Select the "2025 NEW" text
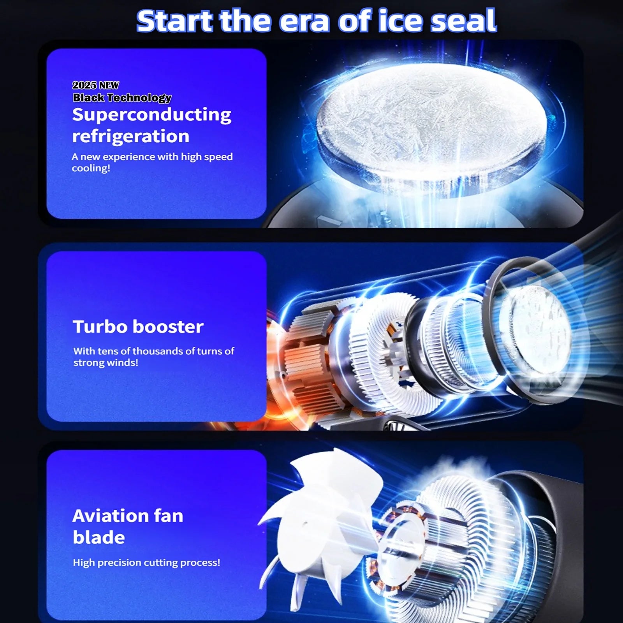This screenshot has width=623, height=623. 96,85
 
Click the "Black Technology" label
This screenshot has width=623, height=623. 122,98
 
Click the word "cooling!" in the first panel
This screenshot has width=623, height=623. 91,168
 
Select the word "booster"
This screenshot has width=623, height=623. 168,326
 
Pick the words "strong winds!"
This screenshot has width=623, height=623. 106,363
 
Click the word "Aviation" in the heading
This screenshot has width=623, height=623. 110,516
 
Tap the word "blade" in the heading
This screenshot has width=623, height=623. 99,537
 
